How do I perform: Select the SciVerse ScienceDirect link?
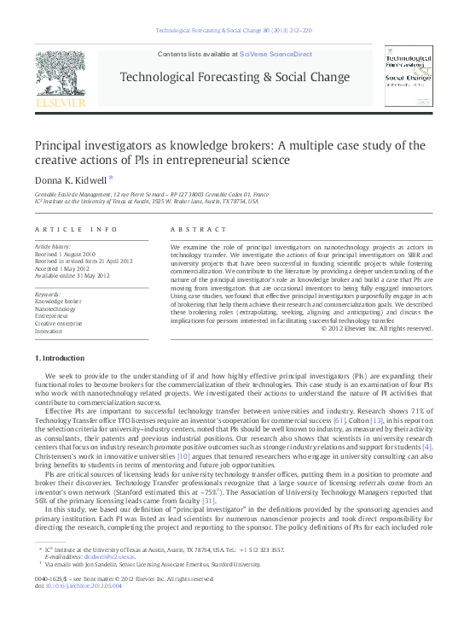275,54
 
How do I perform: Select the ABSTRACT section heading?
195,231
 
